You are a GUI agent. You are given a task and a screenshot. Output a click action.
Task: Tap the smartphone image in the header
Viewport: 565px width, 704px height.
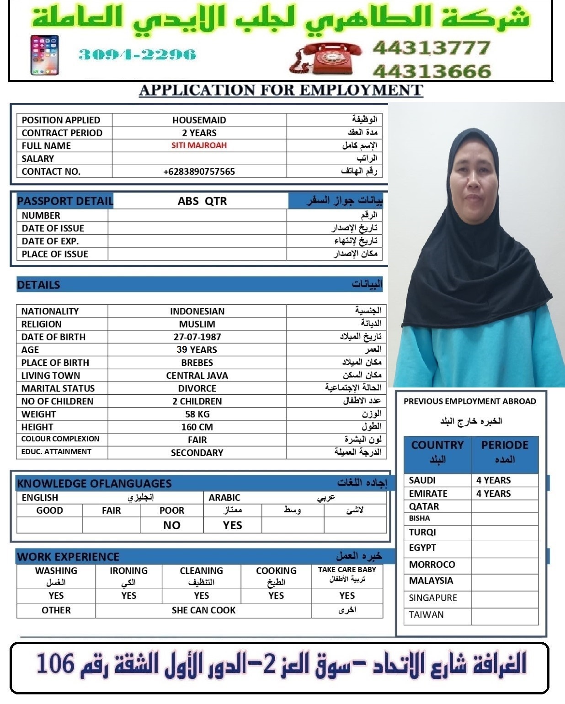[x=44, y=55]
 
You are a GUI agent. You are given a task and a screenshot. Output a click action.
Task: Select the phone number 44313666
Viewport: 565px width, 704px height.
[x=432, y=71]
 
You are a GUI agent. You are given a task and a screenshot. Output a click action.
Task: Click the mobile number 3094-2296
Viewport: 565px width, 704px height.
[x=137, y=55]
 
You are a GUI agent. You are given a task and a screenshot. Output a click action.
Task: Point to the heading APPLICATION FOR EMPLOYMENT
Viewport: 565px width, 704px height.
[x=281, y=90]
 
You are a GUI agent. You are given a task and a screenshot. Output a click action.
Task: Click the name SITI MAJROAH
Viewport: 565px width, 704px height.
[x=199, y=145]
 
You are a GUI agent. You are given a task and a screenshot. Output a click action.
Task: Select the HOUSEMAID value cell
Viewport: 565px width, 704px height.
[x=199, y=120]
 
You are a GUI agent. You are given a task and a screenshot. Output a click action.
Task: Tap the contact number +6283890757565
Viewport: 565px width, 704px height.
[x=199, y=172]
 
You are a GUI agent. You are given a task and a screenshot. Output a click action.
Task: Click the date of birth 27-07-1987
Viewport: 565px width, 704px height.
[x=197, y=337]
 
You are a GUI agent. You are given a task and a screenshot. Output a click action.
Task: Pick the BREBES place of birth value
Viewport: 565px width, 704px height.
[x=197, y=363]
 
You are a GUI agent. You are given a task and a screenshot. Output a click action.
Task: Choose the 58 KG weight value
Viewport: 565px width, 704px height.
[x=197, y=414]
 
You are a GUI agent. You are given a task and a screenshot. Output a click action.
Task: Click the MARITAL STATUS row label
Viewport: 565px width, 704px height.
[x=58, y=388]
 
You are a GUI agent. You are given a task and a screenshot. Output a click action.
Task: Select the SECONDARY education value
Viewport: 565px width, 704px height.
[x=197, y=453]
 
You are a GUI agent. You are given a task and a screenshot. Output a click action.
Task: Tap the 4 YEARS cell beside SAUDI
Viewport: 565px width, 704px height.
[x=494, y=480]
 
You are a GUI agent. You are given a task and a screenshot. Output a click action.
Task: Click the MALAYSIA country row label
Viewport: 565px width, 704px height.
[x=431, y=581]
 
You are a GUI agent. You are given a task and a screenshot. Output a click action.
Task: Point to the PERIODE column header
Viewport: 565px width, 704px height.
[x=505, y=445]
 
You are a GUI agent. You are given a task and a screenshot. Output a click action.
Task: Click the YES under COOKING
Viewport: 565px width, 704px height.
[x=276, y=596]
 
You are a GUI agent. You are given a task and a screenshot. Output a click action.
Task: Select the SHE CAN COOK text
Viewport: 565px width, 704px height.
[x=203, y=610]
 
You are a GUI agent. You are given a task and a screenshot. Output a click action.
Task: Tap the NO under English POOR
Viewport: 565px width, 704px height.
[x=171, y=525]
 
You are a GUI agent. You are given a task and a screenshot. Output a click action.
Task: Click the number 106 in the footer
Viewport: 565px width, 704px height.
[x=55, y=663]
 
